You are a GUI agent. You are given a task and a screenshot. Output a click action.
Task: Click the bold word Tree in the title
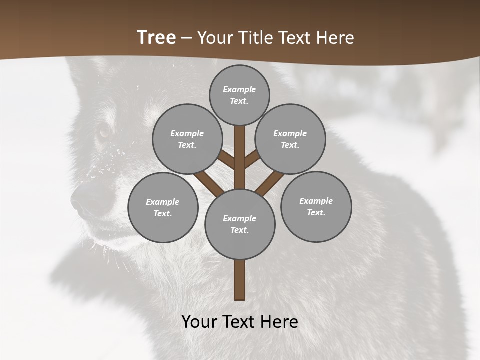(156, 38)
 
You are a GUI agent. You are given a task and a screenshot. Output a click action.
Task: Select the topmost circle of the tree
(239, 95)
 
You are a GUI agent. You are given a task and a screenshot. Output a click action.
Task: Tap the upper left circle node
(187, 139)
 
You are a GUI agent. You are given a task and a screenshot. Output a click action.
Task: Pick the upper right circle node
(290, 139)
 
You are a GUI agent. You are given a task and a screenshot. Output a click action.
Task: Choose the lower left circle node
(163, 207)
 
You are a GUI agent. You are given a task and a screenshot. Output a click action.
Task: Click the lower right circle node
(316, 206)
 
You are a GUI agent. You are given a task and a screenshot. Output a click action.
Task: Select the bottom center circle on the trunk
(240, 224)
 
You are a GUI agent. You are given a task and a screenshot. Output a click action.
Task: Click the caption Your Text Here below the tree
(240, 322)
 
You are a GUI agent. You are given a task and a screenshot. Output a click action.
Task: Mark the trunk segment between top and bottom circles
(240, 157)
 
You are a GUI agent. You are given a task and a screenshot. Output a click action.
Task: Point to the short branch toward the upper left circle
(226, 159)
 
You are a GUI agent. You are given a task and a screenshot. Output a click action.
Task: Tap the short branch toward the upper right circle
(252, 158)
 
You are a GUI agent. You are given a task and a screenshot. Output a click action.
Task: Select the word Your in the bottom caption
(200, 322)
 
